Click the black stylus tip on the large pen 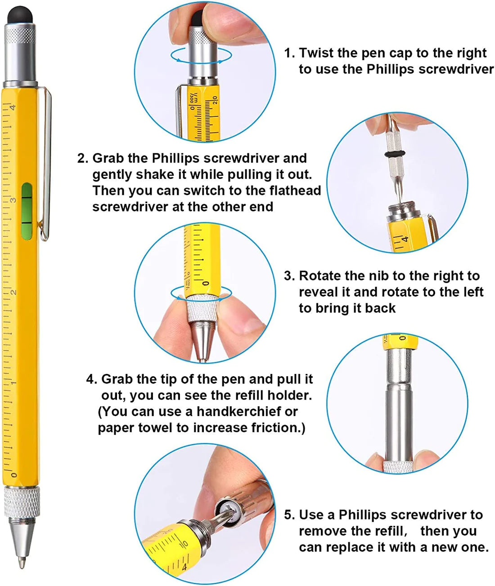(x=20, y=15)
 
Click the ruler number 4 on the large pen (x=13, y=107)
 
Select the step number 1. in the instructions (x=289, y=53)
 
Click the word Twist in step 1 (x=317, y=53)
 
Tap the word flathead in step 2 (x=295, y=191)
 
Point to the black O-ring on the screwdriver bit (x=395, y=154)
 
